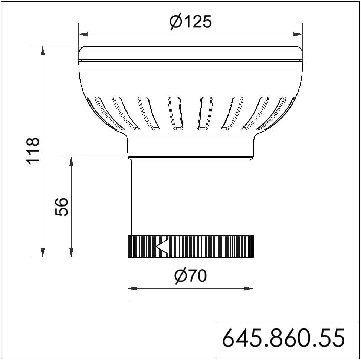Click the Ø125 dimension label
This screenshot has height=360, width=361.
[x=190, y=22]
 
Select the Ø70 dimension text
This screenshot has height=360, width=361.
[x=190, y=275]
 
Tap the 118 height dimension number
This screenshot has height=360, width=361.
[x=33, y=151]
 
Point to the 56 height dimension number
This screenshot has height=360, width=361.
[x=62, y=207]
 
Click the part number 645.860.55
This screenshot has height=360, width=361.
[x=283, y=338]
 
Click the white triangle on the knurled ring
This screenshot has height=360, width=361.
[x=162, y=246]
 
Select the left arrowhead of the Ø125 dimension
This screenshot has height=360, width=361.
[x=83, y=34]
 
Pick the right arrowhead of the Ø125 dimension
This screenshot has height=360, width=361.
[x=298, y=34]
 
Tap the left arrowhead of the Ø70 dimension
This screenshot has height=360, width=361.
[x=132, y=288]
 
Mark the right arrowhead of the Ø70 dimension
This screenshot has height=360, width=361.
[x=249, y=288]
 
